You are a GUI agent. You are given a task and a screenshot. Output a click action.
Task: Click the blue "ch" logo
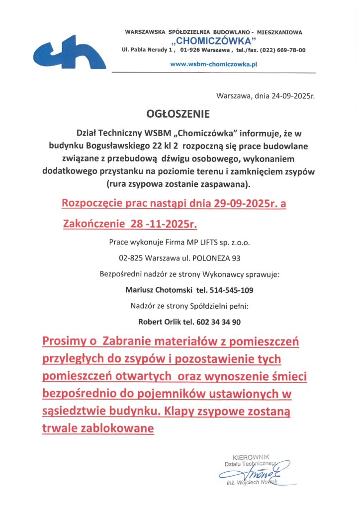(x=69, y=52)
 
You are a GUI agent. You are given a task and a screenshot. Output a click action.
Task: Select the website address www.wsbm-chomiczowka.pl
(x=213, y=64)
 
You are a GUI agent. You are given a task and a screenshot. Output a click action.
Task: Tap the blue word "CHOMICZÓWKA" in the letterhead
(x=213, y=41)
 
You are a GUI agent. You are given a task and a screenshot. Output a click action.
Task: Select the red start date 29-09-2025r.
(x=234, y=203)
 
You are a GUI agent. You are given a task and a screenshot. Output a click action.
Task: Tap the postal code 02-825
(x=129, y=258)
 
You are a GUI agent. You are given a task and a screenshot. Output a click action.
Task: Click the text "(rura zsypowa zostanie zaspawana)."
(x=180, y=184)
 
